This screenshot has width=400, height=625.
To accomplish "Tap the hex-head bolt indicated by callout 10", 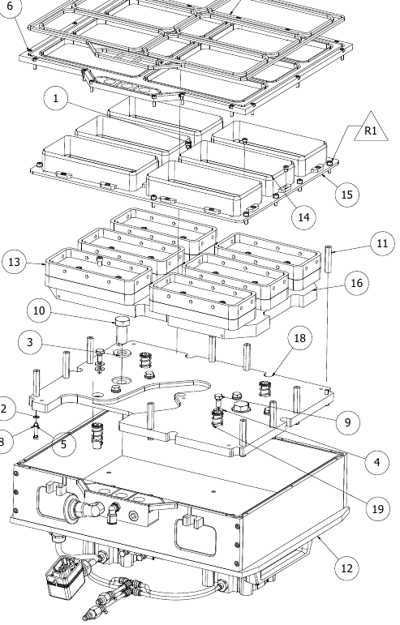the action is coord(121,330).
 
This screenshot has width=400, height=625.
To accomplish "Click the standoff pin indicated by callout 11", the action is coord(329,259).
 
